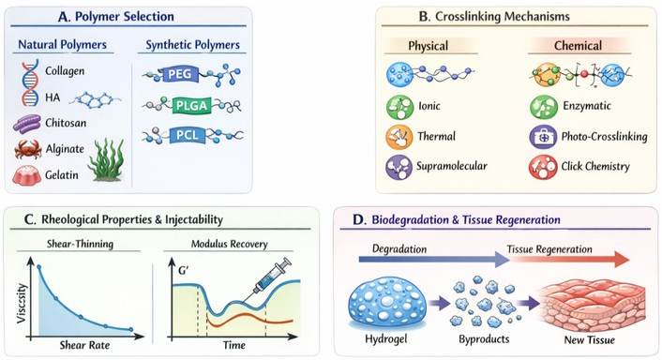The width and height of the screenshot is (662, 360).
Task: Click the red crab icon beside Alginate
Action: pyautogui.click(x=28, y=149)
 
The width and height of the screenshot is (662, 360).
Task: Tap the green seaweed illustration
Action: pyautogui.click(x=106, y=160)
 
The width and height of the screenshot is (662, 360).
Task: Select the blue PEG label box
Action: pyautogui.click(x=180, y=74)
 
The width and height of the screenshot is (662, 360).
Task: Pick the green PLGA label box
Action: pyautogui.click(x=191, y=106)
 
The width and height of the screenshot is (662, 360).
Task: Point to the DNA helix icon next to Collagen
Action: pyautogui.click(x=30, y=83)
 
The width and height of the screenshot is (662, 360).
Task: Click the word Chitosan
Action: pyautogui.click(x=66, y=123)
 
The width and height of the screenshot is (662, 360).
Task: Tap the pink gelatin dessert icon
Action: pyautogui.click(x=26, y=174)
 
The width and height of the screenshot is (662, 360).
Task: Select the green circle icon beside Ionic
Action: pyautogui.click(x=399, y=107)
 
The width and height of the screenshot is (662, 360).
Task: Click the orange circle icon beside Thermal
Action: pyautogui.click(x=399, y=137)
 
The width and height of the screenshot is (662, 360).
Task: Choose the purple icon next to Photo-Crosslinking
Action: pyautogui.click(x=543, y=137)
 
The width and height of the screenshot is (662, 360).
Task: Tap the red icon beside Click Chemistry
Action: pyautogui.click(x=543, y=167)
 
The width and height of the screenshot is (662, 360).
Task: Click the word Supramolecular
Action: pyautogui.click(x=452, y=166)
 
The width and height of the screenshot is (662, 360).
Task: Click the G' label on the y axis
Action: pyautogui.click(x=183, y=270)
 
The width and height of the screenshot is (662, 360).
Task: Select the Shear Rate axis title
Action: pyautogui.click(x=84, y=345)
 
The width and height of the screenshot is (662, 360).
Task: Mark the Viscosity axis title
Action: pyautogui.click(x=22, y=304)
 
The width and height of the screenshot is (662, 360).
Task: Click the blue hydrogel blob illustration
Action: pyautogui.click(x=387, y=302)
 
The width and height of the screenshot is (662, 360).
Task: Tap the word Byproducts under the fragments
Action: pyautogui.click(x=484, y=339)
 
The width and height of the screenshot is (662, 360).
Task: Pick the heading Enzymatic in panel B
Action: pyautogui.click(x=587, y=106)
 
